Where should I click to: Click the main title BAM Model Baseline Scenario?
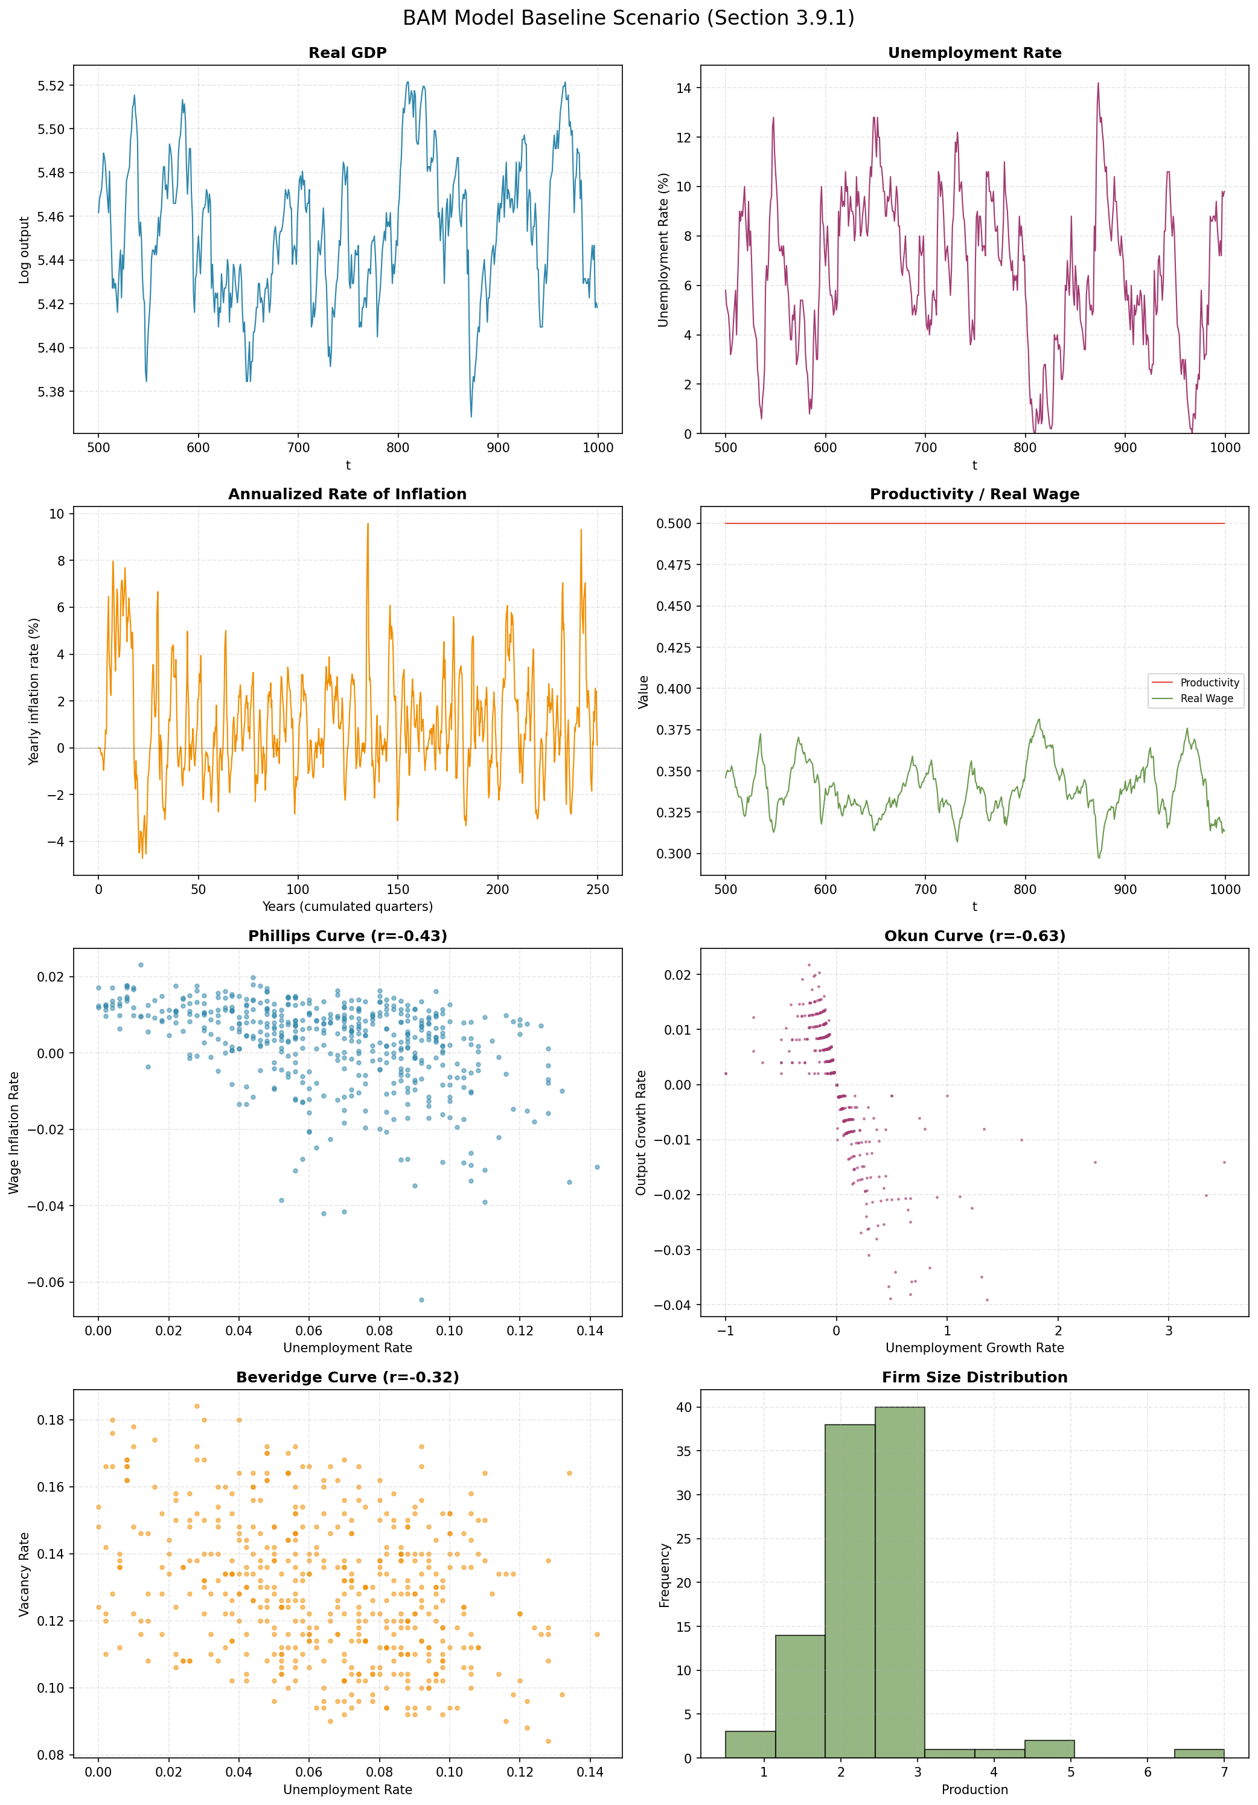click(x=628, y=18)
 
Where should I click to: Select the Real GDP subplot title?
click(x=348, y=53)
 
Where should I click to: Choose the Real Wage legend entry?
click(x=1206, y=698)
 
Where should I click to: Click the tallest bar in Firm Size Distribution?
click(x=899, y=1580)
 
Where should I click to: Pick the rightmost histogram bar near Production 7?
click(x=1198, y=1753)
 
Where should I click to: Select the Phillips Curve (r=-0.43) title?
click(x=348, y=936)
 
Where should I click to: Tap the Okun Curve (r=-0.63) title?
click(x=974, y=936)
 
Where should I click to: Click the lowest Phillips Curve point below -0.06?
click(x=421, y=1300)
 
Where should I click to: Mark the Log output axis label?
click(x=24, y=250)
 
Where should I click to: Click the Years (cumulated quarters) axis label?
click(x=348, y=907)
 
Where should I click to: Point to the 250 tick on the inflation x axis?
click(x=598, y=889)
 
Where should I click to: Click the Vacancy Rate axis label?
click(x=24, y=1574)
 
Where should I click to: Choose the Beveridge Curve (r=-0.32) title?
click(x=348, y=1378)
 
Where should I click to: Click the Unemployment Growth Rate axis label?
click(x=974, y=1347)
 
